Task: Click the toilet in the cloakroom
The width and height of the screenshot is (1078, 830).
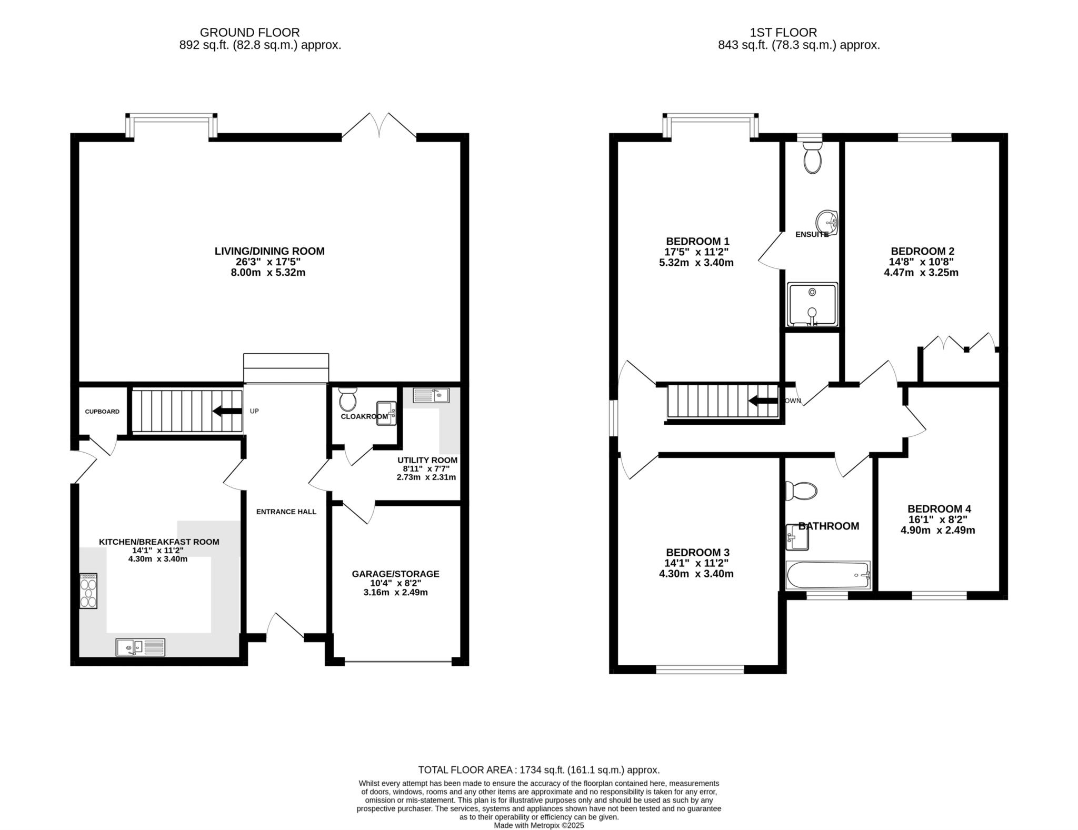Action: point(347,399)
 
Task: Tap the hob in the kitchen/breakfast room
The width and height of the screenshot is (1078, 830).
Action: point(88,591)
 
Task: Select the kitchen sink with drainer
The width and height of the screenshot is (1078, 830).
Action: point(140,647)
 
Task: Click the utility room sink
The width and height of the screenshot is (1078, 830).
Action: point(431,395)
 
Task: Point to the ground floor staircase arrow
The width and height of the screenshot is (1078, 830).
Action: point(227,411)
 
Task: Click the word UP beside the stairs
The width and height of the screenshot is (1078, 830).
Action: point(254,411)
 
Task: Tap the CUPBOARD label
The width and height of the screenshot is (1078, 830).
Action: point(102,412)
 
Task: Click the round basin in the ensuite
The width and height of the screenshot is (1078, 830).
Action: point(827,222)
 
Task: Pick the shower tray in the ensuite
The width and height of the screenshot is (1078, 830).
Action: point(812,305)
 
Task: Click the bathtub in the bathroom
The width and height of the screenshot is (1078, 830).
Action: point(828,575)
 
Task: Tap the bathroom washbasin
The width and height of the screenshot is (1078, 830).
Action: point(797,537)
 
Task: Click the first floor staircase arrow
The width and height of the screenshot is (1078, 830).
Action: point(763,401)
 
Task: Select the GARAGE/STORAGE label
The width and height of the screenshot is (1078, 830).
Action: point(396,574)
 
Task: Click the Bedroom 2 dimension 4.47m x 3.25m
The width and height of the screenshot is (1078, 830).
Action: point(921,273)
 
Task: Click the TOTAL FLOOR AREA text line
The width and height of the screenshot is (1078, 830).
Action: point(539,770)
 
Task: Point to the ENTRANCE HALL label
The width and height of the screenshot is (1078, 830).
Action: point(286,512)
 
